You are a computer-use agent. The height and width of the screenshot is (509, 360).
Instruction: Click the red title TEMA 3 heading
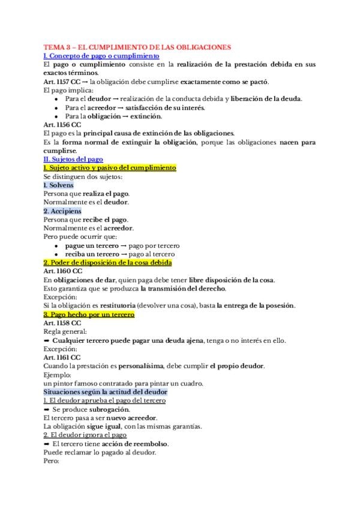click(x=137, y=47)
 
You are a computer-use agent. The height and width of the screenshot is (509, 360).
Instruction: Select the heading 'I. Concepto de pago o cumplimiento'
click(x=102, y=55)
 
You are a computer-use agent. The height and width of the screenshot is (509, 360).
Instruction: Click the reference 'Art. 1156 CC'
click(x=62, y=124)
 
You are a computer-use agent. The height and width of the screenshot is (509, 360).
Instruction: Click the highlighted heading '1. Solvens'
click(x=59, y=185)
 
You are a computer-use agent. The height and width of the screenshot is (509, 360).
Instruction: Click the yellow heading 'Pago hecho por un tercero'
click(x=89, y=315)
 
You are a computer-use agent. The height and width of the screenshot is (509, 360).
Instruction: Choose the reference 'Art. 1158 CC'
click(x=62, y=323)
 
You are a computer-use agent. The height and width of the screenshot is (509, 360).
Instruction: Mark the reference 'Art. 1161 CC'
click(x=62, y=358)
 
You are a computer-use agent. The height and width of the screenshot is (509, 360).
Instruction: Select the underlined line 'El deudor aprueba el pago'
click(x=104, y=400)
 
